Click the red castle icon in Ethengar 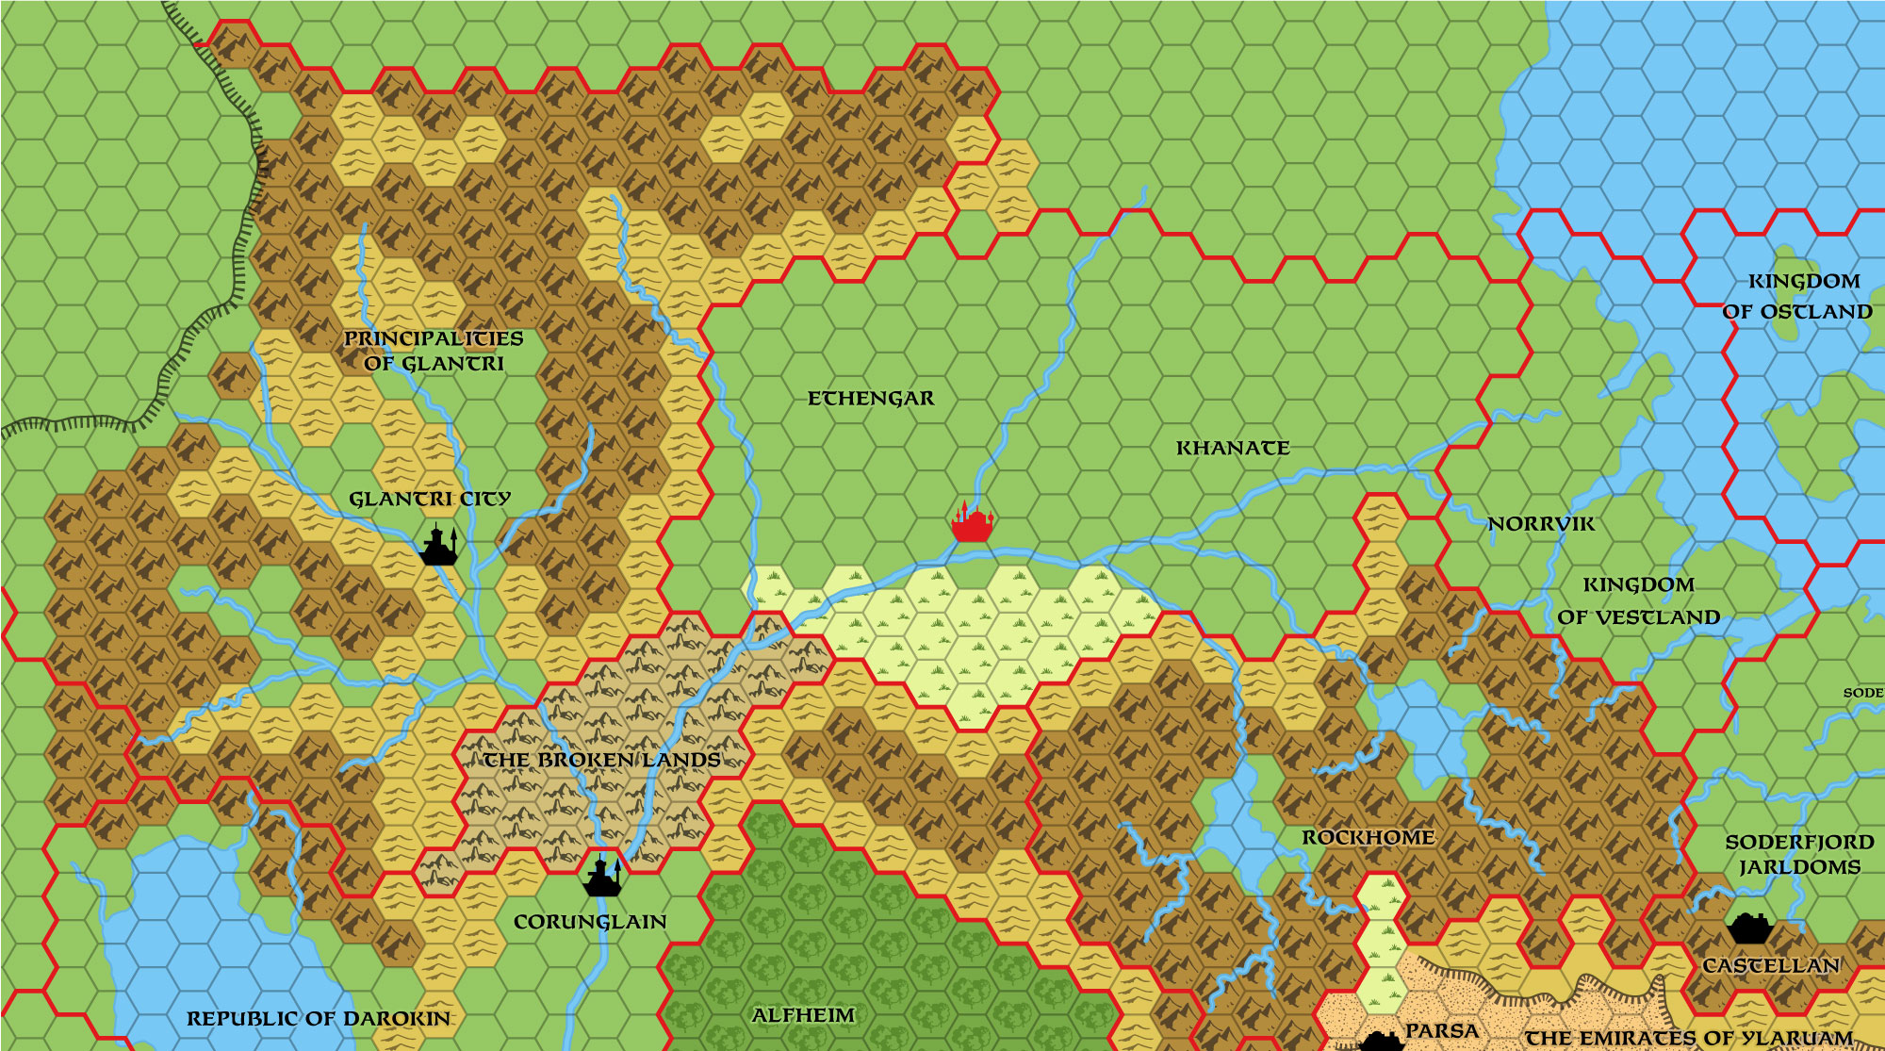click(x=972, y=524)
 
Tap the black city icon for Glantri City click(x=438, y=547)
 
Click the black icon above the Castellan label click(x=1750, y=928)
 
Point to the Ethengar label click(x=871, y=399)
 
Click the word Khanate click(x=1232, y=449)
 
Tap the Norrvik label click(x=1540, y=524)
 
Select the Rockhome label click(x=1368, y=838)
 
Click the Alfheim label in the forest click(x=803, y=1015)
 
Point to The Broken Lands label click(x=601, y=760)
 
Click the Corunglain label click(x=590, y=922)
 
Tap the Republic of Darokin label click(x=319, y=1019)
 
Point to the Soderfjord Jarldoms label click(x=1798, y=854)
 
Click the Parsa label click(x=1441, y=1031)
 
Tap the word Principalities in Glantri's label click(x=433, y=338)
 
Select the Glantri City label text click(x=429, y=499)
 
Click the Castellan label click(x=1770, y=966)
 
